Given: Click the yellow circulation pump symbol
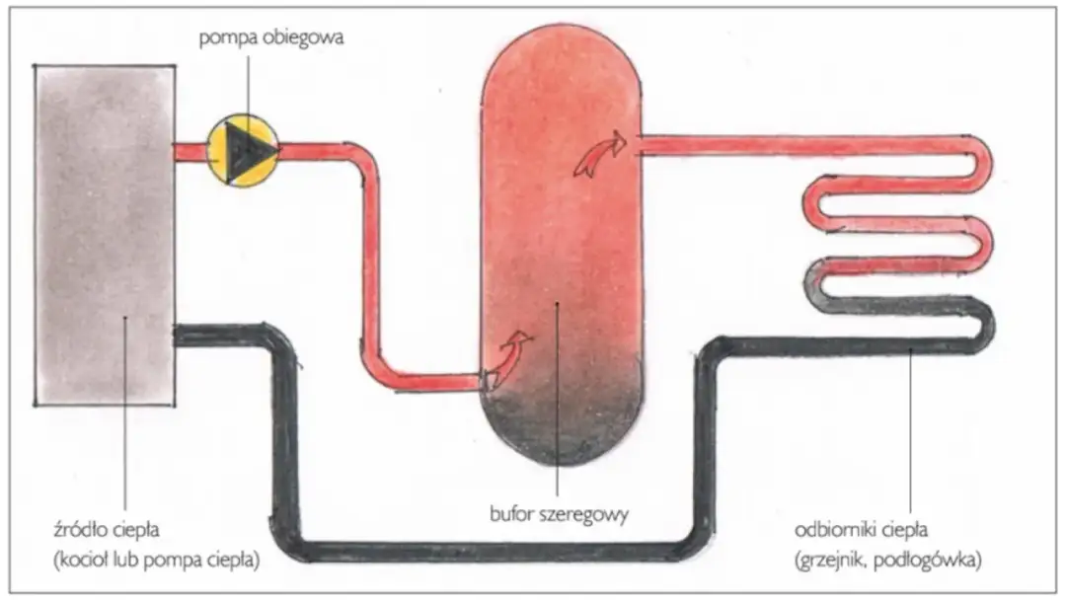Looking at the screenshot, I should [x=243, y=150].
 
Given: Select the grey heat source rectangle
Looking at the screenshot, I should [x=105, y=234].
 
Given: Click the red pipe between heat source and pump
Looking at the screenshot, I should [x=190, y=151].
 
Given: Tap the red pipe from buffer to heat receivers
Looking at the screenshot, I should [x=790, y=146].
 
